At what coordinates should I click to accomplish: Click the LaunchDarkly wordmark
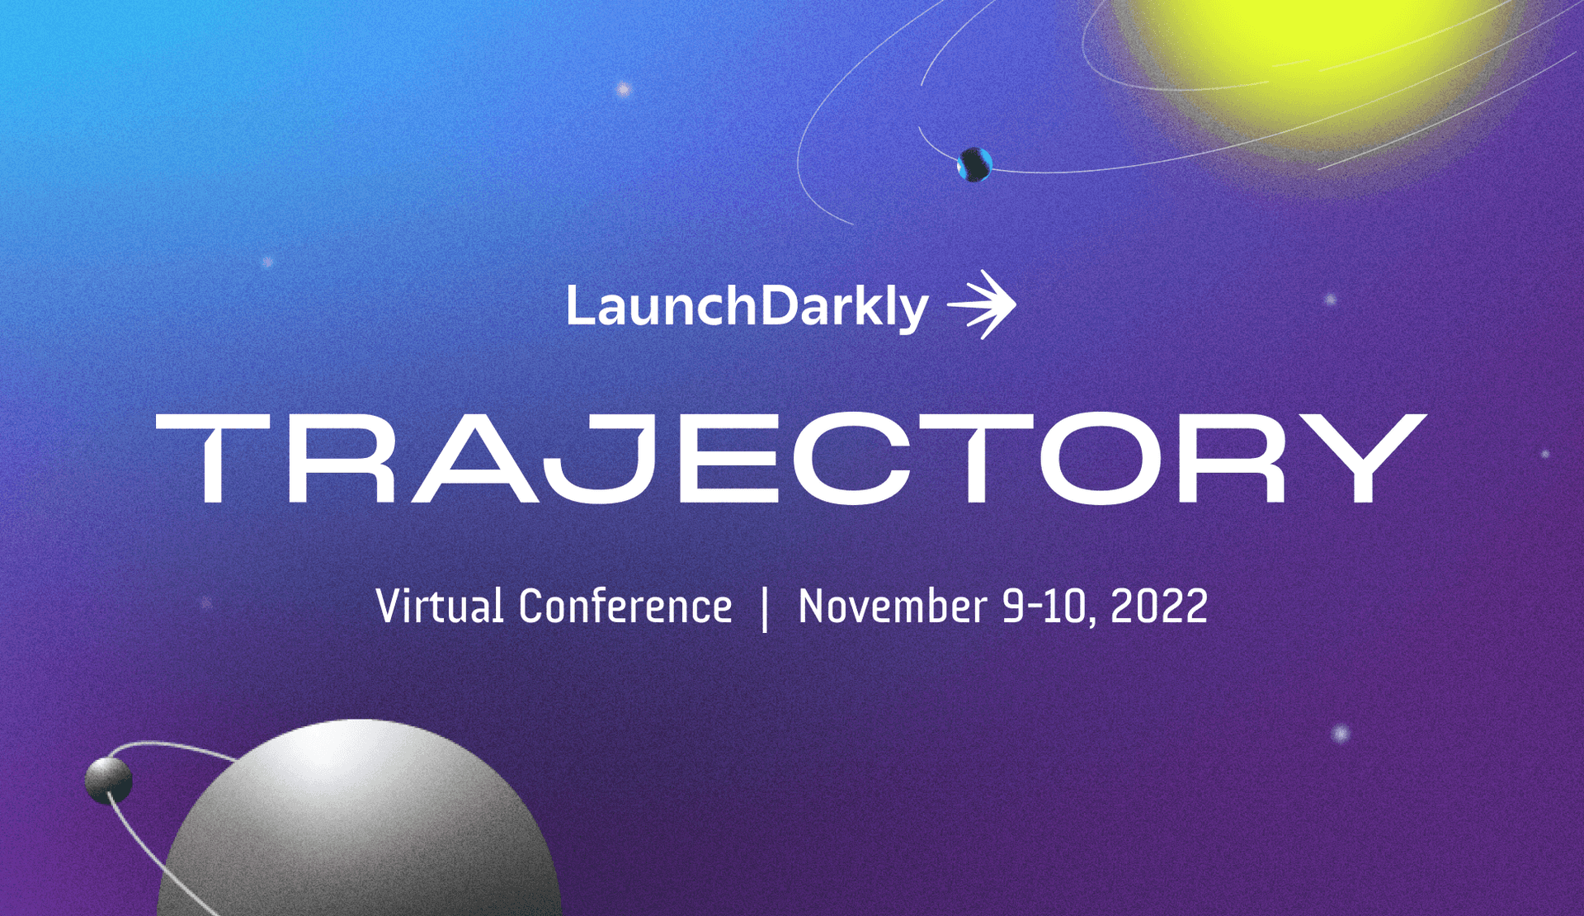click(747, 307)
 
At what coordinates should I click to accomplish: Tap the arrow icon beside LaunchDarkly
click(983, 305)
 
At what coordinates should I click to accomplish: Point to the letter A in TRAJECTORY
click(474, 459)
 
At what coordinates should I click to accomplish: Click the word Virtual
click(439, 607)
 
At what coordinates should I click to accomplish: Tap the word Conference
click(625, 607)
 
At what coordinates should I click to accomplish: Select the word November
click(892, 607)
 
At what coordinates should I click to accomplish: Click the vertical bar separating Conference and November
click(765, 608)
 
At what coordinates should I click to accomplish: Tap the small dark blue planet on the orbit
click(974, 164)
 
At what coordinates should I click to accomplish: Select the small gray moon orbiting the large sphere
click(108, 780)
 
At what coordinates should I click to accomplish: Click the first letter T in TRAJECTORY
click(213, 458)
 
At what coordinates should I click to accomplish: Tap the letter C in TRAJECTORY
click(851, 458)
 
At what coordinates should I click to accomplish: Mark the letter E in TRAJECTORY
click(728, 458)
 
